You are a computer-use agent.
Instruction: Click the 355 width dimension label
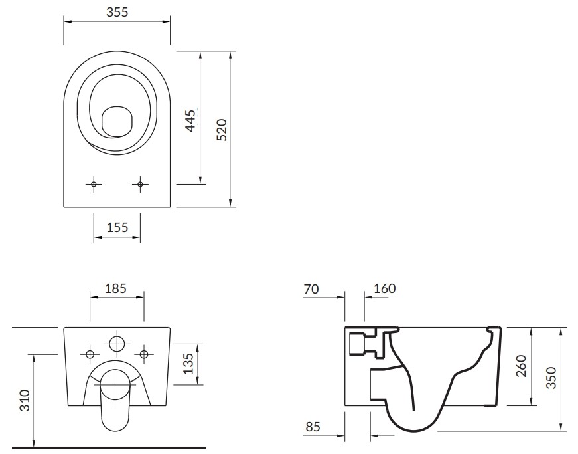[117, 12]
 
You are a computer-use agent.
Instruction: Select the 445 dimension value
[191, 121]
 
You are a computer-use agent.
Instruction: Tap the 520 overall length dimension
[222, 130]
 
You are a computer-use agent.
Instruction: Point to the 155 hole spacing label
[117, 227]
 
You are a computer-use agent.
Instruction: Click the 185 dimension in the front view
[115, 288]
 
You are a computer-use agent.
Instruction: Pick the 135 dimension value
[188, 364]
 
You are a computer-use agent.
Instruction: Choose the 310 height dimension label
[25, 400]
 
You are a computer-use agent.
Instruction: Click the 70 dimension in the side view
[311, 289]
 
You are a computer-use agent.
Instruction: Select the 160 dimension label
[384, 288]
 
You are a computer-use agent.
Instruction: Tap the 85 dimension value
[313, 427]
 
